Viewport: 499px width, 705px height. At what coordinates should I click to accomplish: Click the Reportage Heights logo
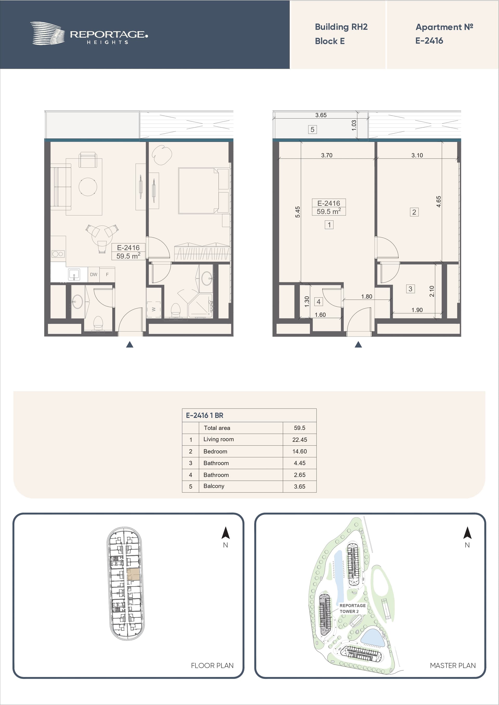[89, 33]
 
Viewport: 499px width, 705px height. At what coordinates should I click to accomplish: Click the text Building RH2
[341, 27]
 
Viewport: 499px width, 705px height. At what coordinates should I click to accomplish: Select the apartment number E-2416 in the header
[429, 41]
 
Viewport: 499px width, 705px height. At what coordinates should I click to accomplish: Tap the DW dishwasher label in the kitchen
[94, 275]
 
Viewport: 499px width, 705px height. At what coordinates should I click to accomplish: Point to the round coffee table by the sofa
[88, 187]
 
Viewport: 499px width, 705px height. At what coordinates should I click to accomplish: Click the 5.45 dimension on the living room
[298, 212]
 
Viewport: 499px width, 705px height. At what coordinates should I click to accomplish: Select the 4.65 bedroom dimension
[439, 201]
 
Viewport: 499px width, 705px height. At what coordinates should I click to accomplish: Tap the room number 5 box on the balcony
[312, 130]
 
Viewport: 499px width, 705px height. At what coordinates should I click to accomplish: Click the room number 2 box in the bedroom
[414, 212]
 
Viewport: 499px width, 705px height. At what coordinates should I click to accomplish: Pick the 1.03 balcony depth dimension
[354, 125]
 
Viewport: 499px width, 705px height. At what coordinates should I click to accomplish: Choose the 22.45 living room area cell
[299, 440]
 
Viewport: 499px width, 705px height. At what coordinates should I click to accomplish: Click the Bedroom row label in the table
[215, 451]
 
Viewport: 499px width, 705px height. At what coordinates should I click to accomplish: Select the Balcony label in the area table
[214, 486]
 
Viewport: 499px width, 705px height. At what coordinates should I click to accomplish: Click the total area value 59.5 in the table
[299, 428]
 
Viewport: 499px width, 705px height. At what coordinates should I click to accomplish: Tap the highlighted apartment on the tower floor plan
[133, 574]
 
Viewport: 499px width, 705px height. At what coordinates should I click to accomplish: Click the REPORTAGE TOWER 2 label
[352, 608]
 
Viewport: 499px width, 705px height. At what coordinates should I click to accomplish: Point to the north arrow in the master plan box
[467, 533]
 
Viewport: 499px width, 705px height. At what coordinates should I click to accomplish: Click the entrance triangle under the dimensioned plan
[358, 344]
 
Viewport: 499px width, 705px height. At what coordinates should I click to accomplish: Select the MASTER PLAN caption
[452, 665]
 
